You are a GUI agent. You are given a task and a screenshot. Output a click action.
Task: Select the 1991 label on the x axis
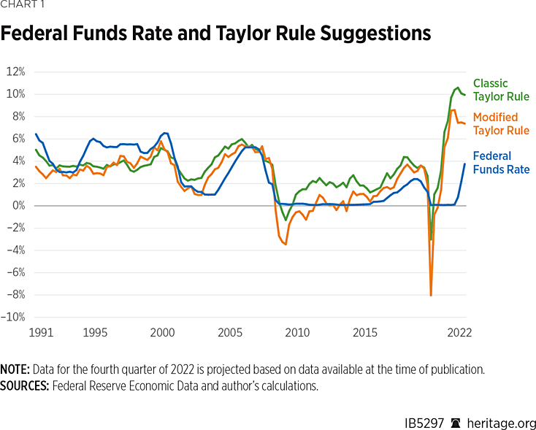(40, 332)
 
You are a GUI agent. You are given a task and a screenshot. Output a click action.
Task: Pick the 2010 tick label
(297, 332)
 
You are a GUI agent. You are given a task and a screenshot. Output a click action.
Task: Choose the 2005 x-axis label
(230, 332)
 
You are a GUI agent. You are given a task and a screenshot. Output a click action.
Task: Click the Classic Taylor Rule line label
(500, 90)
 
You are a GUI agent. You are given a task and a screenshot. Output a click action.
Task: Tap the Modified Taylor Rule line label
(500, 123)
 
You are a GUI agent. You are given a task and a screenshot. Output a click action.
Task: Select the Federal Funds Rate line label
(501, 162)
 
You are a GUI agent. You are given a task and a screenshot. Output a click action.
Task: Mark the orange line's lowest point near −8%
(431, 295)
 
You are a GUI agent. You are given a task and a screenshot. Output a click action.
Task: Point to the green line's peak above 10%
(458, 88)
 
